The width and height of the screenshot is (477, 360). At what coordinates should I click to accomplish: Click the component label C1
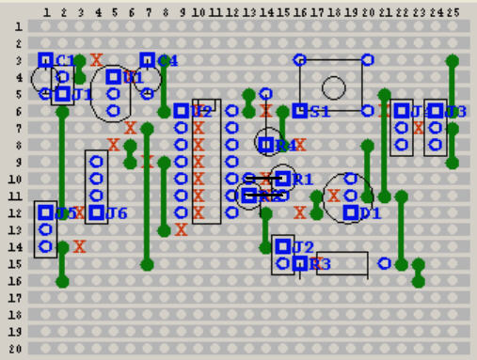[65, 61]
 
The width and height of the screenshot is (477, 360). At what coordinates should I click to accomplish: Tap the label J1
[83, 95]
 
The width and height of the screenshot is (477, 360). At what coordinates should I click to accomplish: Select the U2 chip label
[201, 112]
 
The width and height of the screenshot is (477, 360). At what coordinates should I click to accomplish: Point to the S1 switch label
[320, 112]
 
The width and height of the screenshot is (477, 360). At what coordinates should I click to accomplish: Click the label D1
[370, 213]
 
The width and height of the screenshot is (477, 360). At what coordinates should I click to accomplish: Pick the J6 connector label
[117, 213]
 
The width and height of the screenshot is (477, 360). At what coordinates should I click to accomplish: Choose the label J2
[302, 247]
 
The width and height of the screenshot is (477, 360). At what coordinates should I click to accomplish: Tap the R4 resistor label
[285, 146]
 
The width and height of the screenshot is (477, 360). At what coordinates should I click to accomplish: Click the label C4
[167, 61]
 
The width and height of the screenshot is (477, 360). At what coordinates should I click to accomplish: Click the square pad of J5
[45, 212]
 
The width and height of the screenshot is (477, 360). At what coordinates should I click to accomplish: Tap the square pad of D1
[351, 212]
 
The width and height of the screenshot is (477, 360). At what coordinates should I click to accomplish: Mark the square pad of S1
[300, 111]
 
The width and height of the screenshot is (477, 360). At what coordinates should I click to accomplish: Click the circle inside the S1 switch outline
[333, 87]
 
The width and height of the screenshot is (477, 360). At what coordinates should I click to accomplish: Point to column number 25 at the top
[453, 12]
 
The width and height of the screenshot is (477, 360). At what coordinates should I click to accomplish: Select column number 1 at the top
[45, 12]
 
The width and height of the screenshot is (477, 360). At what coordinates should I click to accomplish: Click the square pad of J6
[96, 212]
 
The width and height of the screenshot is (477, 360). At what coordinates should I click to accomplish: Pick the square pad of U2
[181, 111]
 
